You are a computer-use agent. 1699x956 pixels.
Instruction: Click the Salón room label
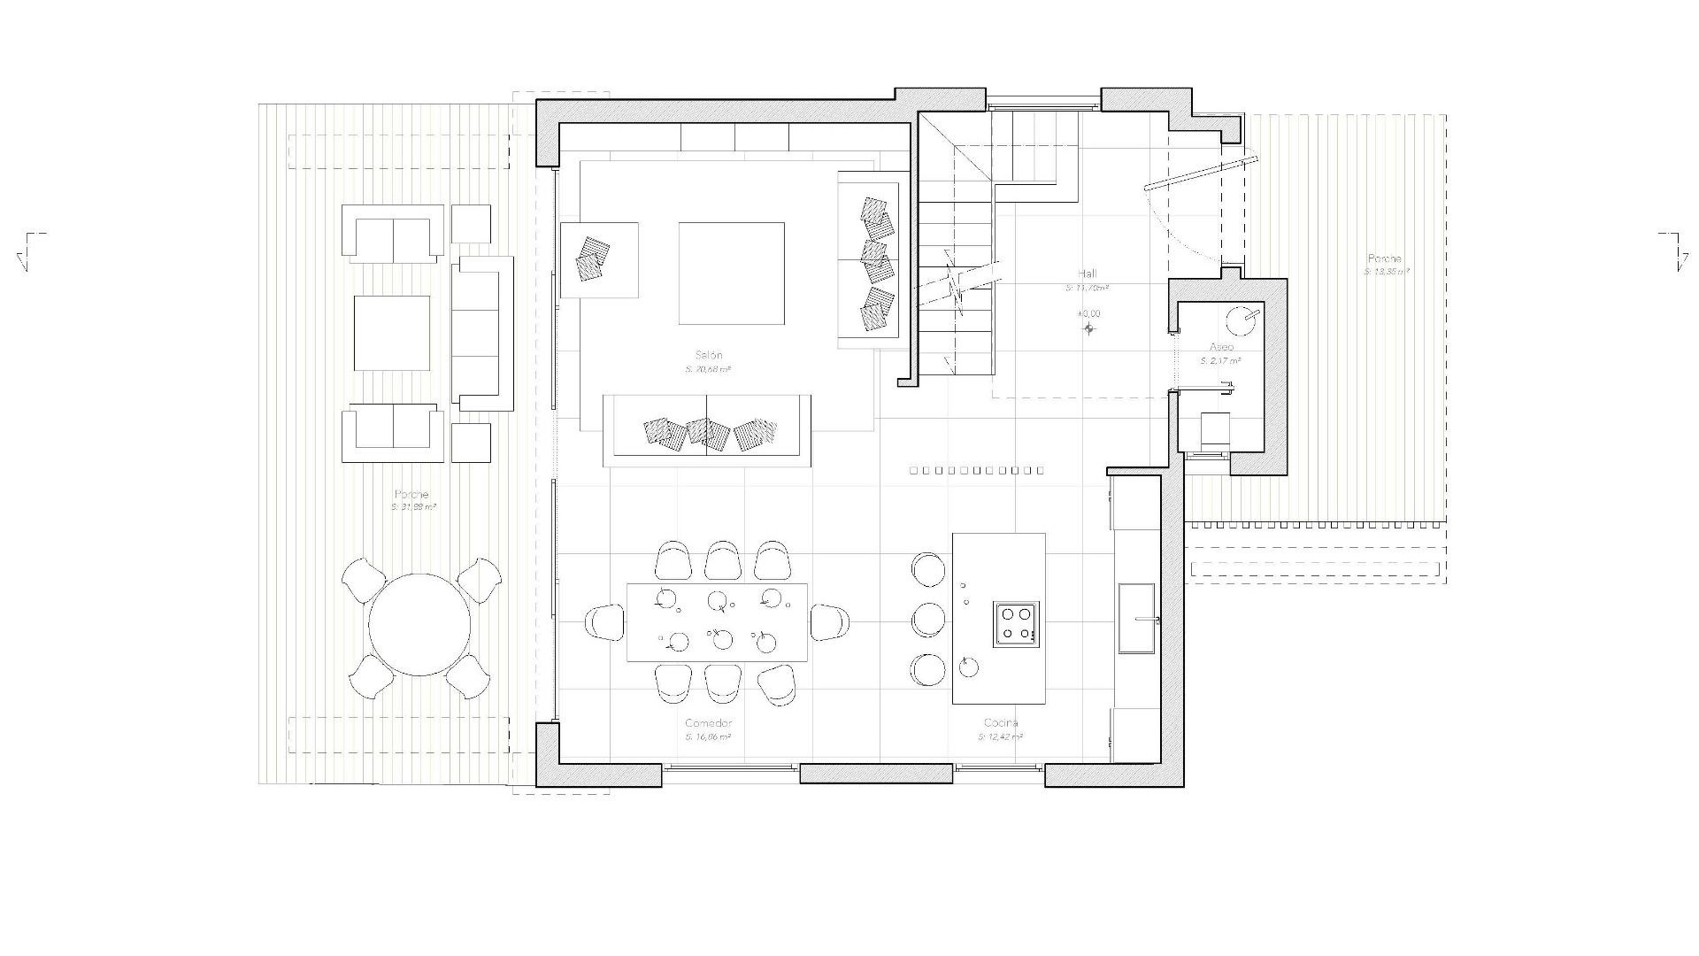pos(708,355)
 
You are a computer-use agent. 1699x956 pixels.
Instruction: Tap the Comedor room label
pos(708,723)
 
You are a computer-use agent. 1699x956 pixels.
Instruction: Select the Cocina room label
pos(1000,723)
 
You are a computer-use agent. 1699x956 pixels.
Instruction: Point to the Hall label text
pos(1088,274)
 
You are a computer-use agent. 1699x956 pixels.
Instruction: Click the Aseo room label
pos(1221,347)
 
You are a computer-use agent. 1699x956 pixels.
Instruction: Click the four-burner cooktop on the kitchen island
pos(1016,623)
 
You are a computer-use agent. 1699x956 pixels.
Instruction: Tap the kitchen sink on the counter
pos(1136,618)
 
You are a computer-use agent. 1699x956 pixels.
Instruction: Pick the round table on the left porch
pos(419,625)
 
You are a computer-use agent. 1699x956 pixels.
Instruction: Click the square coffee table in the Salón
pos(731,274)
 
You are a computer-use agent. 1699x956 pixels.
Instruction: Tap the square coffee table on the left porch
pos(392,333)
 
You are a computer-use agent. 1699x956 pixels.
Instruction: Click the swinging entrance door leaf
pos(1200,173)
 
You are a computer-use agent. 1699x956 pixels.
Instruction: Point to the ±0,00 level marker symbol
pos(1089,329)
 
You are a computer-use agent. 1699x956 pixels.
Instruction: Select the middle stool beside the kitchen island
pos(927,620)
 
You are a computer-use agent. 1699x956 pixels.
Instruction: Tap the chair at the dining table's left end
pos(605,621)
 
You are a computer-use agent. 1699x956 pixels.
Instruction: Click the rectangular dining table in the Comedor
pos(717,621)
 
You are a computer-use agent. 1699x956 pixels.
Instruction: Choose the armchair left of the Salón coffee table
pos(599,259)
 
